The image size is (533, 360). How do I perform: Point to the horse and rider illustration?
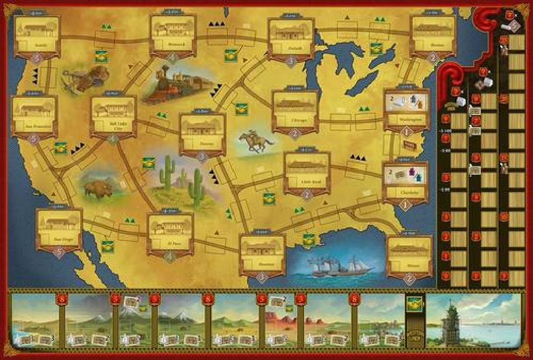(x=256, y=141)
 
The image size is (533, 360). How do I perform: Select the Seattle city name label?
(x=36, y=46)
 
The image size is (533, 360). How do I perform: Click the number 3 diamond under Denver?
(x=202, y=156)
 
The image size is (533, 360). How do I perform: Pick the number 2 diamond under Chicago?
(x=295, y=132)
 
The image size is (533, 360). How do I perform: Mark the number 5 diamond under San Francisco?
(x=34, y=139)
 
